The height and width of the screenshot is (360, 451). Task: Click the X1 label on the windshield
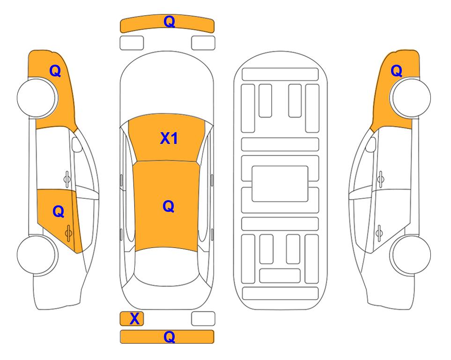click(169, 138)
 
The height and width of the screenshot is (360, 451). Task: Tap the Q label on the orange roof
click(169, 206)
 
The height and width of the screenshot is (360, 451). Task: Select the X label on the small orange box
click(134, 319)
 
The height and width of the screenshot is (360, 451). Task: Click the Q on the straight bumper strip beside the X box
click(169, 337)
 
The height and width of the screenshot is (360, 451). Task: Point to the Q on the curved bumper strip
click(169, 22)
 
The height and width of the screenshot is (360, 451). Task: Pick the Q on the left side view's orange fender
click(55, 71)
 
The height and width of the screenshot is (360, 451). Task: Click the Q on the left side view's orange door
click(59, 211)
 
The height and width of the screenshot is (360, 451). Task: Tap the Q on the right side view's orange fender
click(396, 71)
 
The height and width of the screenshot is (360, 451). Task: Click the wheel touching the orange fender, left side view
click(37, 97)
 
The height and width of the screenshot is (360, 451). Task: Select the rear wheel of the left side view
click(37, 255)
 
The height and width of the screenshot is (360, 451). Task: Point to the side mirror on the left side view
click(76, 144)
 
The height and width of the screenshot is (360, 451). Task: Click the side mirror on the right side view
click(371, 144)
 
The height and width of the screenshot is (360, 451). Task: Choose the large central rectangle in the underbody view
click(280, 184)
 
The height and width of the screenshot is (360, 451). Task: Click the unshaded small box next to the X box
click(203, 319)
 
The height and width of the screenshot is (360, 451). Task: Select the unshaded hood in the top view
click(167, 85)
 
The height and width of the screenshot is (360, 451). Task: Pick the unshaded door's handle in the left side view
click(67, 179)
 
